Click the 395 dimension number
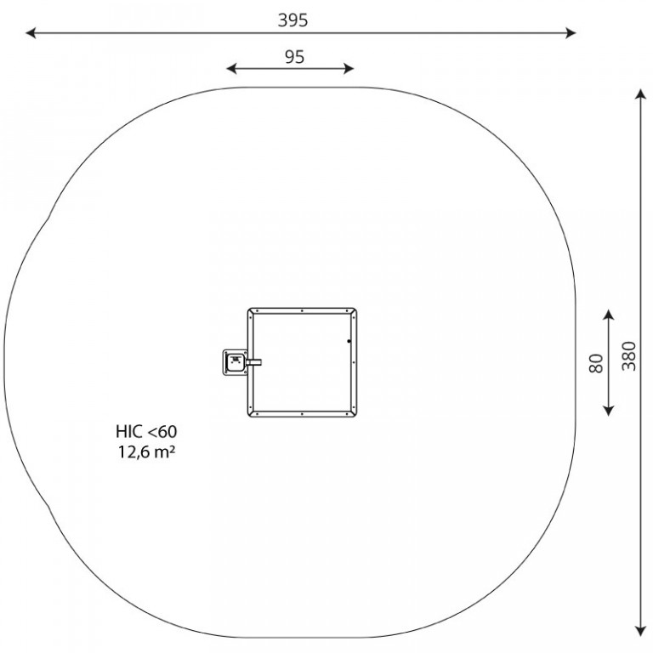[292, 20]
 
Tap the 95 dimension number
[294, 57]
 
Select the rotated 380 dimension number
[629, 356]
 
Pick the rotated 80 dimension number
[596, 363]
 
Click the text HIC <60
[146, 431]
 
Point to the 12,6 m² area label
[146, 451]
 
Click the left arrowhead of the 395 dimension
[31, 33]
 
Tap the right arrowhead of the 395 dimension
[571, 33]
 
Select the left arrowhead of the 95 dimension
[231, 69]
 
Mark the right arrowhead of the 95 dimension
[349, 69]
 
